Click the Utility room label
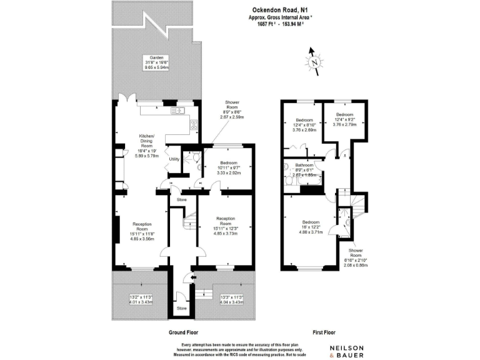coord(174,159)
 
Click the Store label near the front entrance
coord(181,308)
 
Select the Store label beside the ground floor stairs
coord(181,199)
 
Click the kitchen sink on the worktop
coord(177,111)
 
